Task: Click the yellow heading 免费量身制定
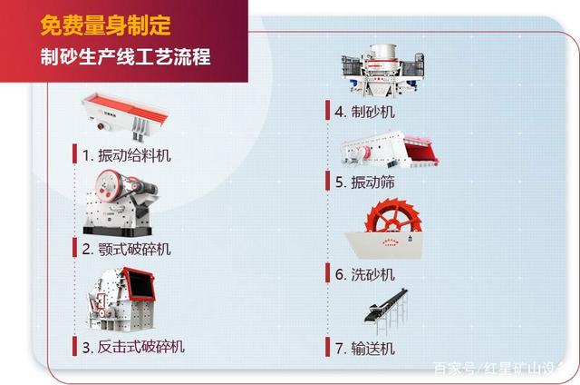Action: (105, 25)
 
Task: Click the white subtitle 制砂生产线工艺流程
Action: (125, 57)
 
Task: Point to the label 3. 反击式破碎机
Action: (133, 346)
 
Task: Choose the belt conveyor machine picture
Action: (385, 309)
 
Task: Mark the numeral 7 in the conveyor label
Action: (339, 349)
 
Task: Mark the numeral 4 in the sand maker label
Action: (339, 113)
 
